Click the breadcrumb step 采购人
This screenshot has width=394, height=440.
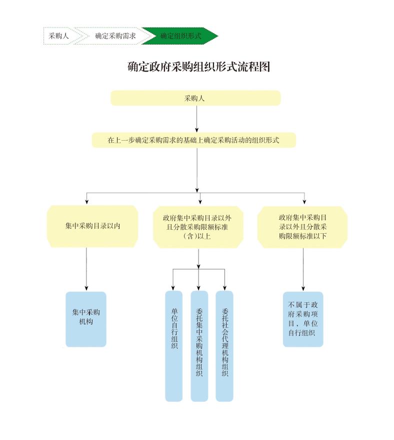click(x=58, y=36)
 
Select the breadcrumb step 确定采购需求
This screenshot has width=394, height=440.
click(x=115, y=36)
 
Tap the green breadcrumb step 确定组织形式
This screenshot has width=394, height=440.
click(x=180, y=36)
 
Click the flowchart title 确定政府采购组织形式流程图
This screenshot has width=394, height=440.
click(x=198, y=67)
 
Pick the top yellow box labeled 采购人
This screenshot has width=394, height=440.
click(x=195, y=98)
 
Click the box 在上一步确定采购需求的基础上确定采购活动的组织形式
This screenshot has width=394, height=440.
click(x=193, y=140)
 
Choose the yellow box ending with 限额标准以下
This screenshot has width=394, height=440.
click(x=302, y=227)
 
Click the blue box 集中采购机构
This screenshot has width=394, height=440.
click(x=86, y=319)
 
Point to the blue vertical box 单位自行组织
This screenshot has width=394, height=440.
click(x=173, y=345)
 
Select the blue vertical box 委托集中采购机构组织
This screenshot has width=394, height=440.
click(x=199, y=345)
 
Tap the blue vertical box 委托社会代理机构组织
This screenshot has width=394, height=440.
click(x=224, y=345)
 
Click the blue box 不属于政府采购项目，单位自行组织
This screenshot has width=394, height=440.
click(x=303, y=319)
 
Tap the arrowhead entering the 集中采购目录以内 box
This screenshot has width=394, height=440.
click(x=87, y=202)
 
